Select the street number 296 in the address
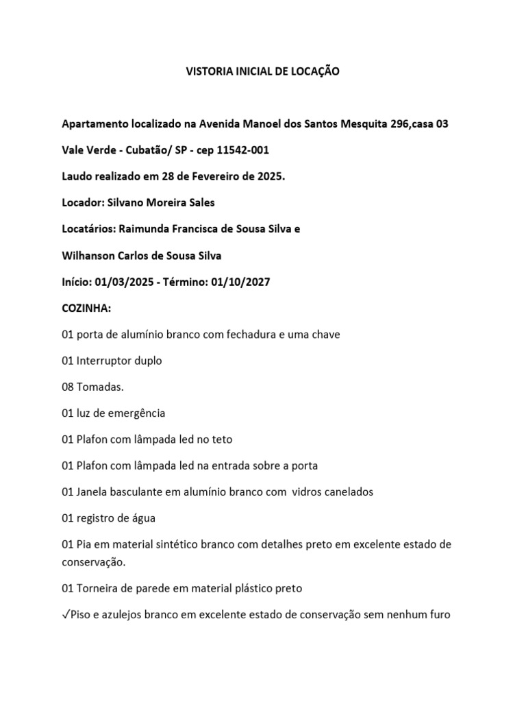pos(400,124)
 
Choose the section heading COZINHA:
pos(86,308)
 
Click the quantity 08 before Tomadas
pos(68,387)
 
